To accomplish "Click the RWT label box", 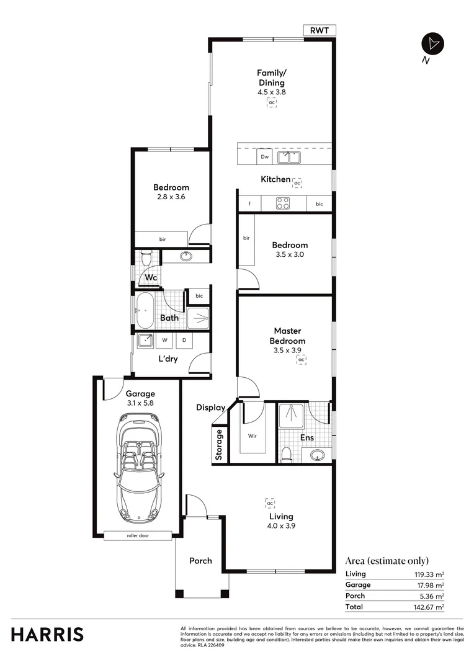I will tap(320, 30).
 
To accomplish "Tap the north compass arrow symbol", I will tap(432, 43).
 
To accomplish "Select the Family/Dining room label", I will tap(271, 78).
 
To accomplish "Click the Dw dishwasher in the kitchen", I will tap(265, 157).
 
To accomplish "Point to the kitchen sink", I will tap(288, 158).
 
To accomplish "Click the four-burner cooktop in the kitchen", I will tap(284, 203).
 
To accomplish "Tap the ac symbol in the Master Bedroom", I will tap(302, 360).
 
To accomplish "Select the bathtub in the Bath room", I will tap(145, 310).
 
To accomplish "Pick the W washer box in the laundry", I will tap(166, 340).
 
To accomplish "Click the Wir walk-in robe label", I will tap(253, 436).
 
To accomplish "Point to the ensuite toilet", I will tap(286, 454).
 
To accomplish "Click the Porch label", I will tap(200, 561).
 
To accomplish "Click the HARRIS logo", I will tap(47, 634).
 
